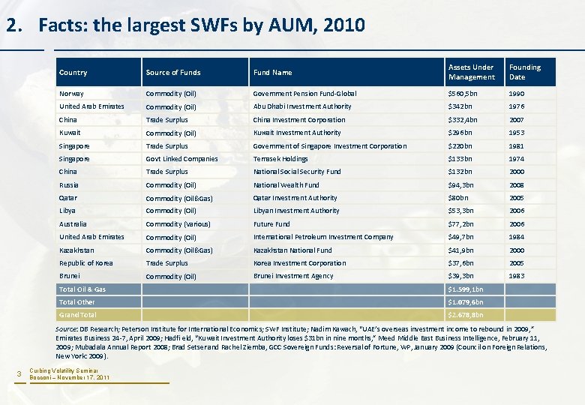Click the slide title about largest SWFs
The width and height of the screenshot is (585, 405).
(x=186, y=25)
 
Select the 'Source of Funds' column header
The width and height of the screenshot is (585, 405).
(x=173, y=73)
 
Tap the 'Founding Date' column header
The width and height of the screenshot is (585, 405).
(x=524, y=72)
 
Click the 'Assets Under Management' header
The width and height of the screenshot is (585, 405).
(x=472, y=72)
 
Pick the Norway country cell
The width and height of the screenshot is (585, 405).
(x=72, y=94)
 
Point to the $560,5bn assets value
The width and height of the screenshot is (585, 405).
(x=463, y=94)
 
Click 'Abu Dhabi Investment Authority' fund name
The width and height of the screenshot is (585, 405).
(x=302, y=106)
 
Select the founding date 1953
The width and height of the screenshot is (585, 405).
(x=517, y=133)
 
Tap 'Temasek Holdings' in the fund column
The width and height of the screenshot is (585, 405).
(x=280, y=159)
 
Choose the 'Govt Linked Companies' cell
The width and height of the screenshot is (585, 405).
(x=181, y=159)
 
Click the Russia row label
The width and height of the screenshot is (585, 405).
(x=69, y=185)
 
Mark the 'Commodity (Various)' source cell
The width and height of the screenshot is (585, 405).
(x=179, y=224)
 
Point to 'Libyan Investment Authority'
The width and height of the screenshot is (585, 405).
(x=296, y=211)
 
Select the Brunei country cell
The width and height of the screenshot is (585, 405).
(x=70, y=276)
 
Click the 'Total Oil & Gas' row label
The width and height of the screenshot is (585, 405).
(x=82, y=289)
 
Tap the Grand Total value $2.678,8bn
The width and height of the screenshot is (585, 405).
(x=466, y=315)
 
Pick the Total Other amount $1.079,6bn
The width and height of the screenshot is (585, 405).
(x=466, y=302)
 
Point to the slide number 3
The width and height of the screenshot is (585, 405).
(x=20, y=374)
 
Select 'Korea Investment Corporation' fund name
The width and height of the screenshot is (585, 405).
(x=299, y=263)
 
